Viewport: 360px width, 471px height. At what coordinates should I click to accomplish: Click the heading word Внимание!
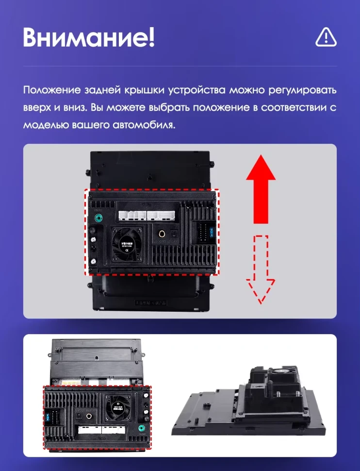[x=88, y=37]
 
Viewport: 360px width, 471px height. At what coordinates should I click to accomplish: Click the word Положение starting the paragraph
[x=52, y=91]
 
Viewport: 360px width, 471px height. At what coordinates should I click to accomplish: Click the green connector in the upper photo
[x=100, y=218]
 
